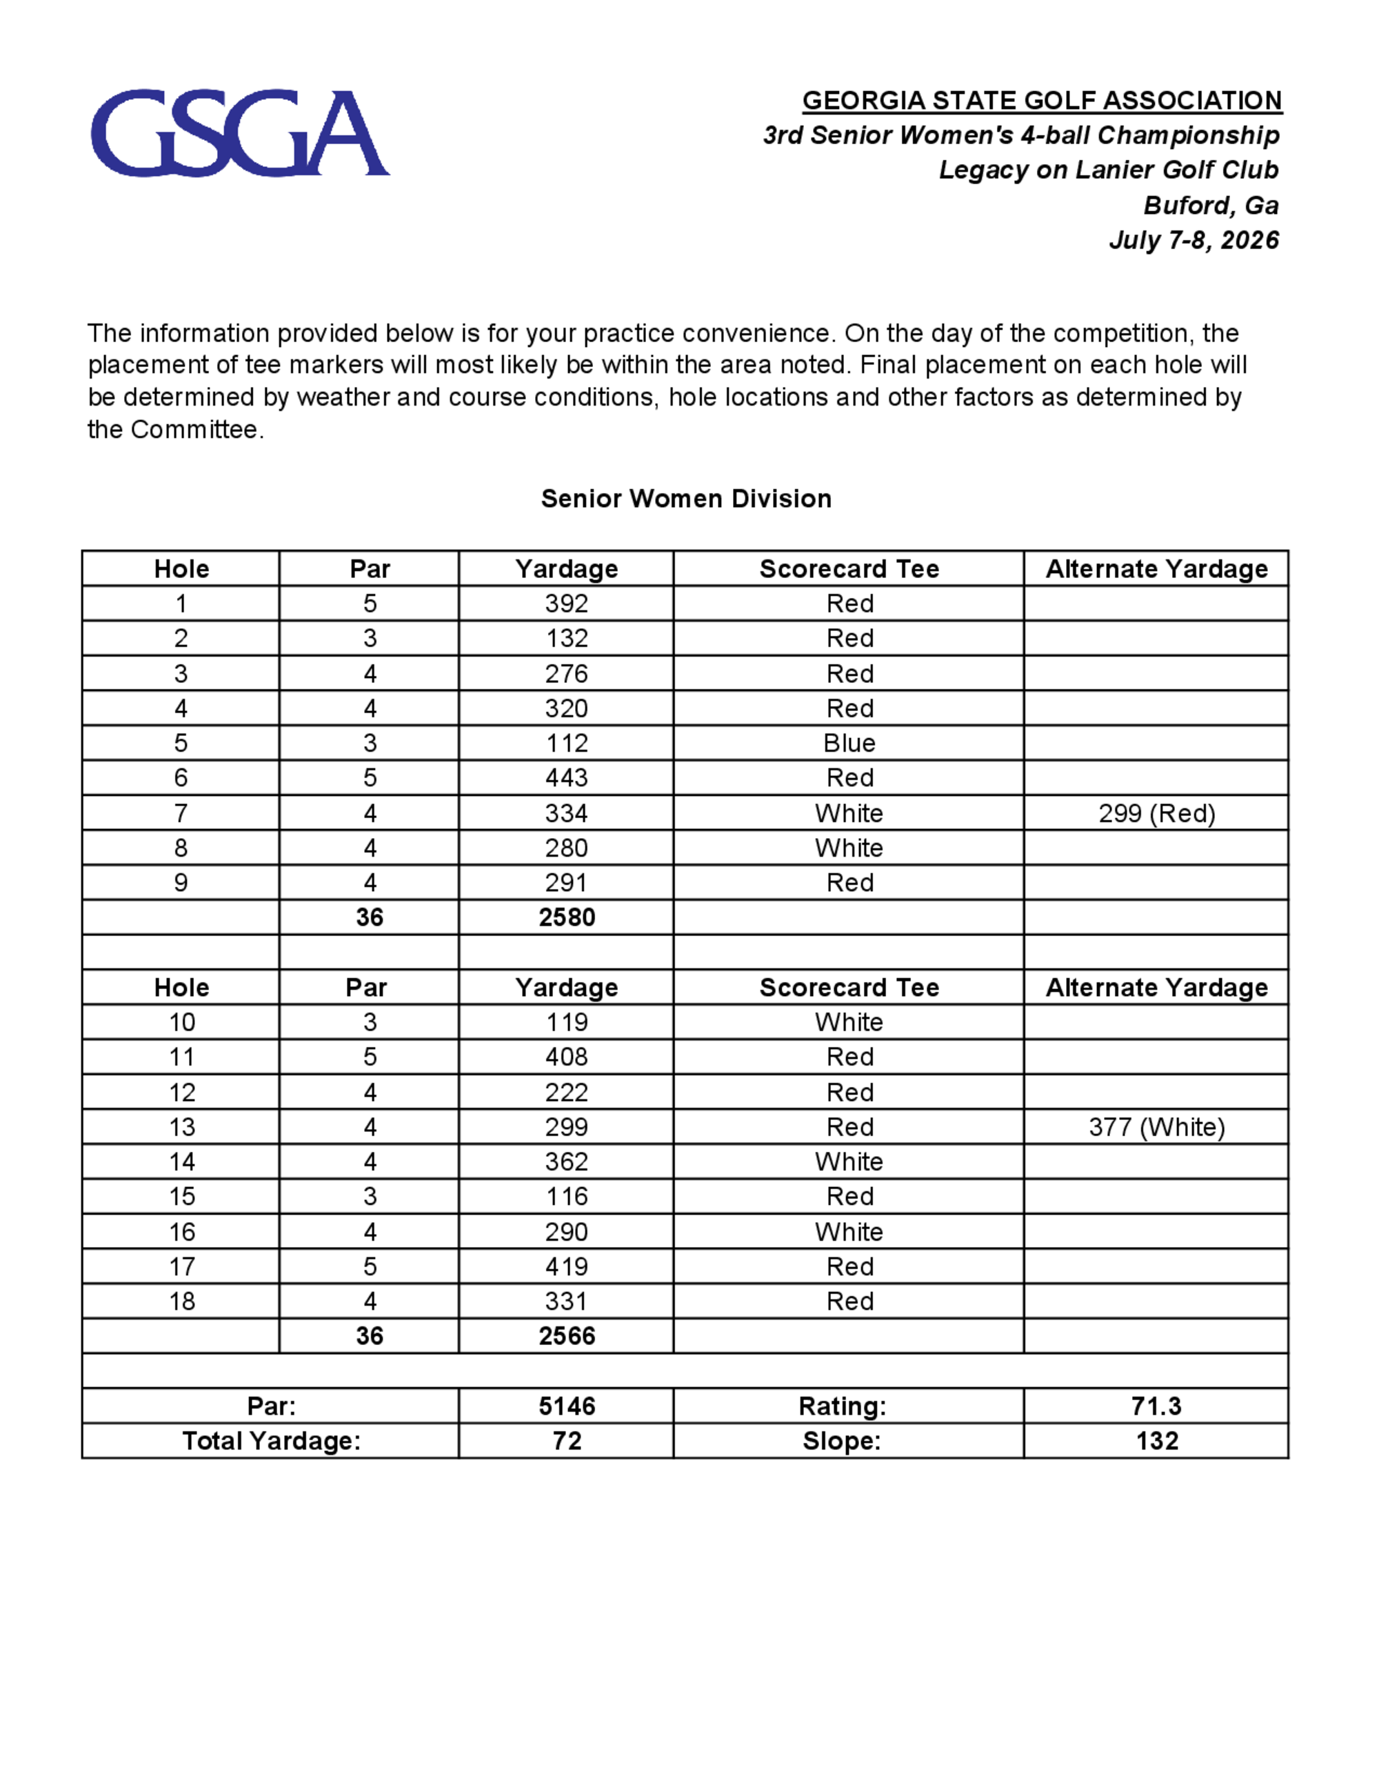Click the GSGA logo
pyautogui.click(x=239, y=132)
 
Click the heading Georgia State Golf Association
pyautogui.click(x=1042, y=101)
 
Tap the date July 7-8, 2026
pyautogui.click(x=1194, y=240)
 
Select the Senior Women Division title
pyautogui.click(x=685, y=499)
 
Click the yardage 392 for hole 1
pyautogui.click(x=566, y=604)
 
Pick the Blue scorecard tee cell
pyautogui.click(x=849, y=743)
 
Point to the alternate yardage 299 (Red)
pyautogui.click(x=1156, y=813)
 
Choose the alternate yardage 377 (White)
pyautogui.click(x=1156, y=1127)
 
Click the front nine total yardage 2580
pyautogui.click(x=566, y=917)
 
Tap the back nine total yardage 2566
pyautogui.click(x=566, y=1335)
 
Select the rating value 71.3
pyautogui.click(x=1156, y=1406)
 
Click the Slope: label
pyautogui.click(x=841, y=1440)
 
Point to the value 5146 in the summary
pyautogui.click(x=566, y=1406)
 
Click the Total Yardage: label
pyautogui.click(x=271, y=1440)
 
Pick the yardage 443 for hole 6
pyautogui.click(x=566, y=777)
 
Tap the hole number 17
pyautogui.click(x=181, y=1267)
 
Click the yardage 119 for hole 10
pyautogui.click(x=566, y=1022)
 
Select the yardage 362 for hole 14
pyautogui.click(x=566, y=1161)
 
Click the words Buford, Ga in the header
pyautogui.click(x=1210, y=205)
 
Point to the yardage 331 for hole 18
pyautogui.click(x=566, y=1301)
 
